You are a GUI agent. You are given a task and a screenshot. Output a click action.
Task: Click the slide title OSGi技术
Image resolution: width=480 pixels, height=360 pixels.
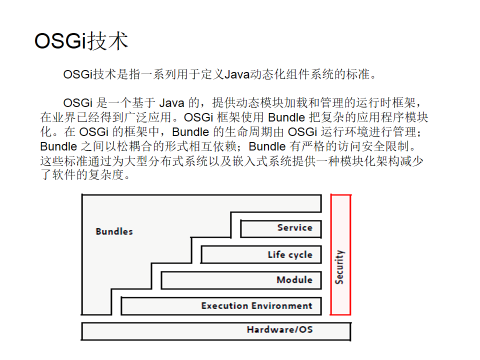pos(81,41)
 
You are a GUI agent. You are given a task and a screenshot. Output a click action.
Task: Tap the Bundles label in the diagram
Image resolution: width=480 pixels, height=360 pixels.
pos(114,231)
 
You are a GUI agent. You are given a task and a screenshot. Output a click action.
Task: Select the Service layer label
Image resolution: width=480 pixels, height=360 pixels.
pos(295,228)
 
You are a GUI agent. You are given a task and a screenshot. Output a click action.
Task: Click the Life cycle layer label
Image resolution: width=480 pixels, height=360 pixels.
pos(290,254)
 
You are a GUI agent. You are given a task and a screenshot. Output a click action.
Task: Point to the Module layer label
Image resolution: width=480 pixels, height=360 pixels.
pos(294,280)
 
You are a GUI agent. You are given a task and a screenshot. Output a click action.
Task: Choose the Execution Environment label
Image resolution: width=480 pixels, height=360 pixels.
pos(257,306)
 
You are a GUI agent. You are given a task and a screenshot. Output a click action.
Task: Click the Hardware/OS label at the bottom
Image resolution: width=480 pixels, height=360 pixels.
pos(280,329)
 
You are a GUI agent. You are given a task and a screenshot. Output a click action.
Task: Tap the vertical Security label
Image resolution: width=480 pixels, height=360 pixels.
pos(339,267)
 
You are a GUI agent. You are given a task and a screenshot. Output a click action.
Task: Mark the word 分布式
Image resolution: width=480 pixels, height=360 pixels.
pos(166,161)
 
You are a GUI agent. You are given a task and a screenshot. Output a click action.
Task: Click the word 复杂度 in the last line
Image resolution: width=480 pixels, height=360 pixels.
pos(106,175)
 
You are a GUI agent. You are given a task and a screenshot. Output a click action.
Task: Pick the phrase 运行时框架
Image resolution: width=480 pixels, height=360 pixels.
pos(385,103)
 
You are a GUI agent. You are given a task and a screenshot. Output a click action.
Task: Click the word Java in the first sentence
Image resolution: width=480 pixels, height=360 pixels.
pos(237,74)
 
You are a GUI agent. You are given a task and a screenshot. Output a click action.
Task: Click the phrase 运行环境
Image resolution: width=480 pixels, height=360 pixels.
pos(344,132)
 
